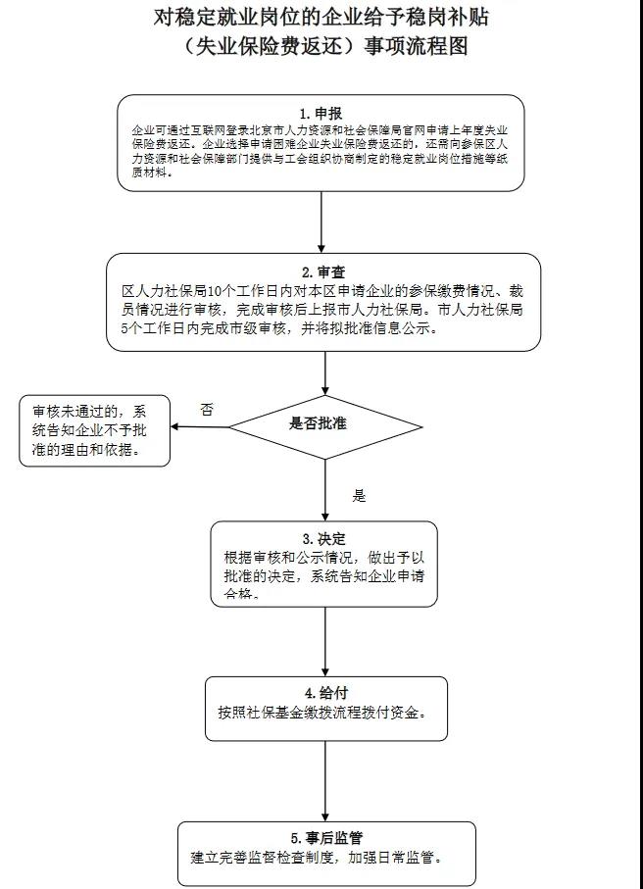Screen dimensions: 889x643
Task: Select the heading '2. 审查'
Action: tap(321, 272)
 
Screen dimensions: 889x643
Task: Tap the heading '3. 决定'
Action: tap(322, 538)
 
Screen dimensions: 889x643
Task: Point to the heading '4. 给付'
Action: tap(325, 693)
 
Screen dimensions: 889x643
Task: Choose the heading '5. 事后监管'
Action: tap(326, 838)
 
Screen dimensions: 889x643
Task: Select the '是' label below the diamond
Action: tap(360, 496)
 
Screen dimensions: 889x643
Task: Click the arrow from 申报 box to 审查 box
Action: tap(321, 217)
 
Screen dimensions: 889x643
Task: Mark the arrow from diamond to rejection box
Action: tap(200, 427)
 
